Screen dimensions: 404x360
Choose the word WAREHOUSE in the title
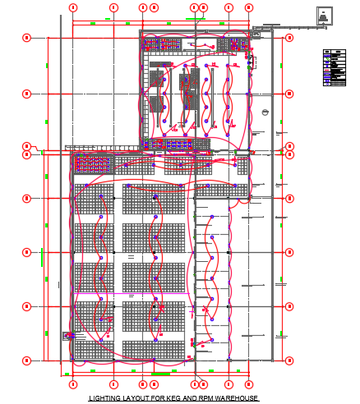point(238,398)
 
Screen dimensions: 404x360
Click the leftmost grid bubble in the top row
point(73,7)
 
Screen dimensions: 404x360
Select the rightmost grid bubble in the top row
point(248,7)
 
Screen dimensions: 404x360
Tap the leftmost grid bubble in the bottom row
point(73,383)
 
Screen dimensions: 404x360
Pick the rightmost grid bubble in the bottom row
point(248,383)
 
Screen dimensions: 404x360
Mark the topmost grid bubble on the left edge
point(26,37)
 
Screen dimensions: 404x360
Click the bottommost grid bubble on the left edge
point(26,360)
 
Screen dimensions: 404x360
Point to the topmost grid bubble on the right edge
point(289,37)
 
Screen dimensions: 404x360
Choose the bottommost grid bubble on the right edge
point(289,360)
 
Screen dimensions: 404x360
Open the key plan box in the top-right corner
point(327,16)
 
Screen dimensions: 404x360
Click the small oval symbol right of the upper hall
point(265,112)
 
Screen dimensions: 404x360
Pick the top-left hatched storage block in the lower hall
point(93,200)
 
